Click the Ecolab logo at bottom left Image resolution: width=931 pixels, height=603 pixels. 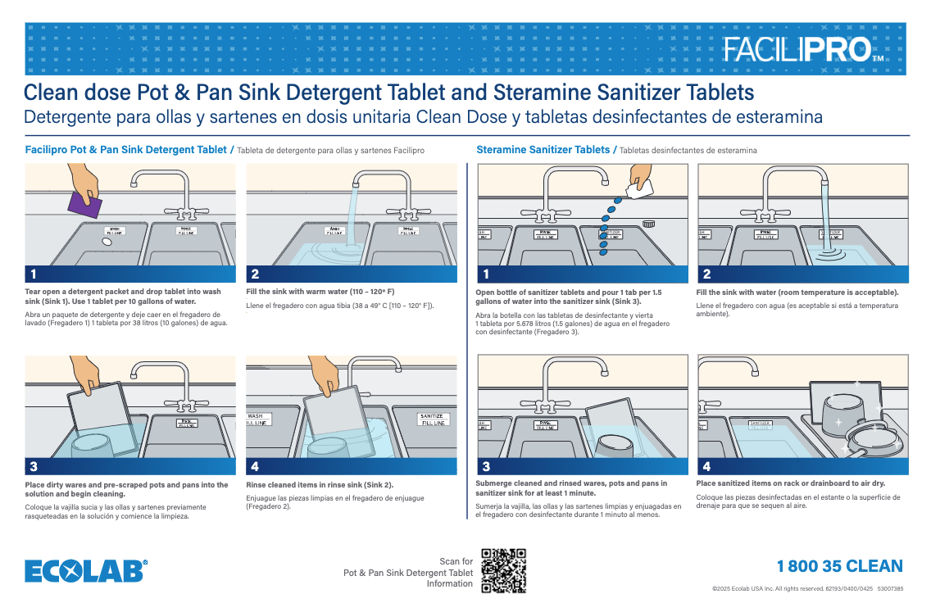pos(86,570)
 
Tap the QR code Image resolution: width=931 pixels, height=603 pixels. pos(503,570)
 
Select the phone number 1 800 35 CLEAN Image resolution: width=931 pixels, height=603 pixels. pos(839,566)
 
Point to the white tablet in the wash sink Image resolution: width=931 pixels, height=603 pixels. pos(107,243)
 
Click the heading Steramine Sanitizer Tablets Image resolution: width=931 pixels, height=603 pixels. pos(543,150)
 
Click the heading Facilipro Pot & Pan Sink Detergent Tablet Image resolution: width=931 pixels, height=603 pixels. pos(125,150)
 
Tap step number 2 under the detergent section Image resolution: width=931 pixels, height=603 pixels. pos(256,274)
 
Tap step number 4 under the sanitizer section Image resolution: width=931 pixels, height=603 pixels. pos(706,467)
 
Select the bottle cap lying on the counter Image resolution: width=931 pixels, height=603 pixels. pos(650,223)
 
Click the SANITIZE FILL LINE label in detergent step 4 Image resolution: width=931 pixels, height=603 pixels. pos(433,419)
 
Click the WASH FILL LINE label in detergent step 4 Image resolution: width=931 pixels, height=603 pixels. pos(260,419)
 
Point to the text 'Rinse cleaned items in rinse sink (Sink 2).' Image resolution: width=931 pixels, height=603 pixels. pos(320,485)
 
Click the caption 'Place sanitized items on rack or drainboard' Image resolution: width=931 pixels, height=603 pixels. pos(790,483)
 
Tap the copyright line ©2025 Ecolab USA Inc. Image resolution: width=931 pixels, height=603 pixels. pos(807,588)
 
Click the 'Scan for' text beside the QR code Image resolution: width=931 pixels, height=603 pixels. pos(456,561)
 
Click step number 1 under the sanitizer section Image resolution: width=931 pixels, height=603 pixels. pos(486,274)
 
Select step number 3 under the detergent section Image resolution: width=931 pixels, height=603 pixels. pos(34,467)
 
